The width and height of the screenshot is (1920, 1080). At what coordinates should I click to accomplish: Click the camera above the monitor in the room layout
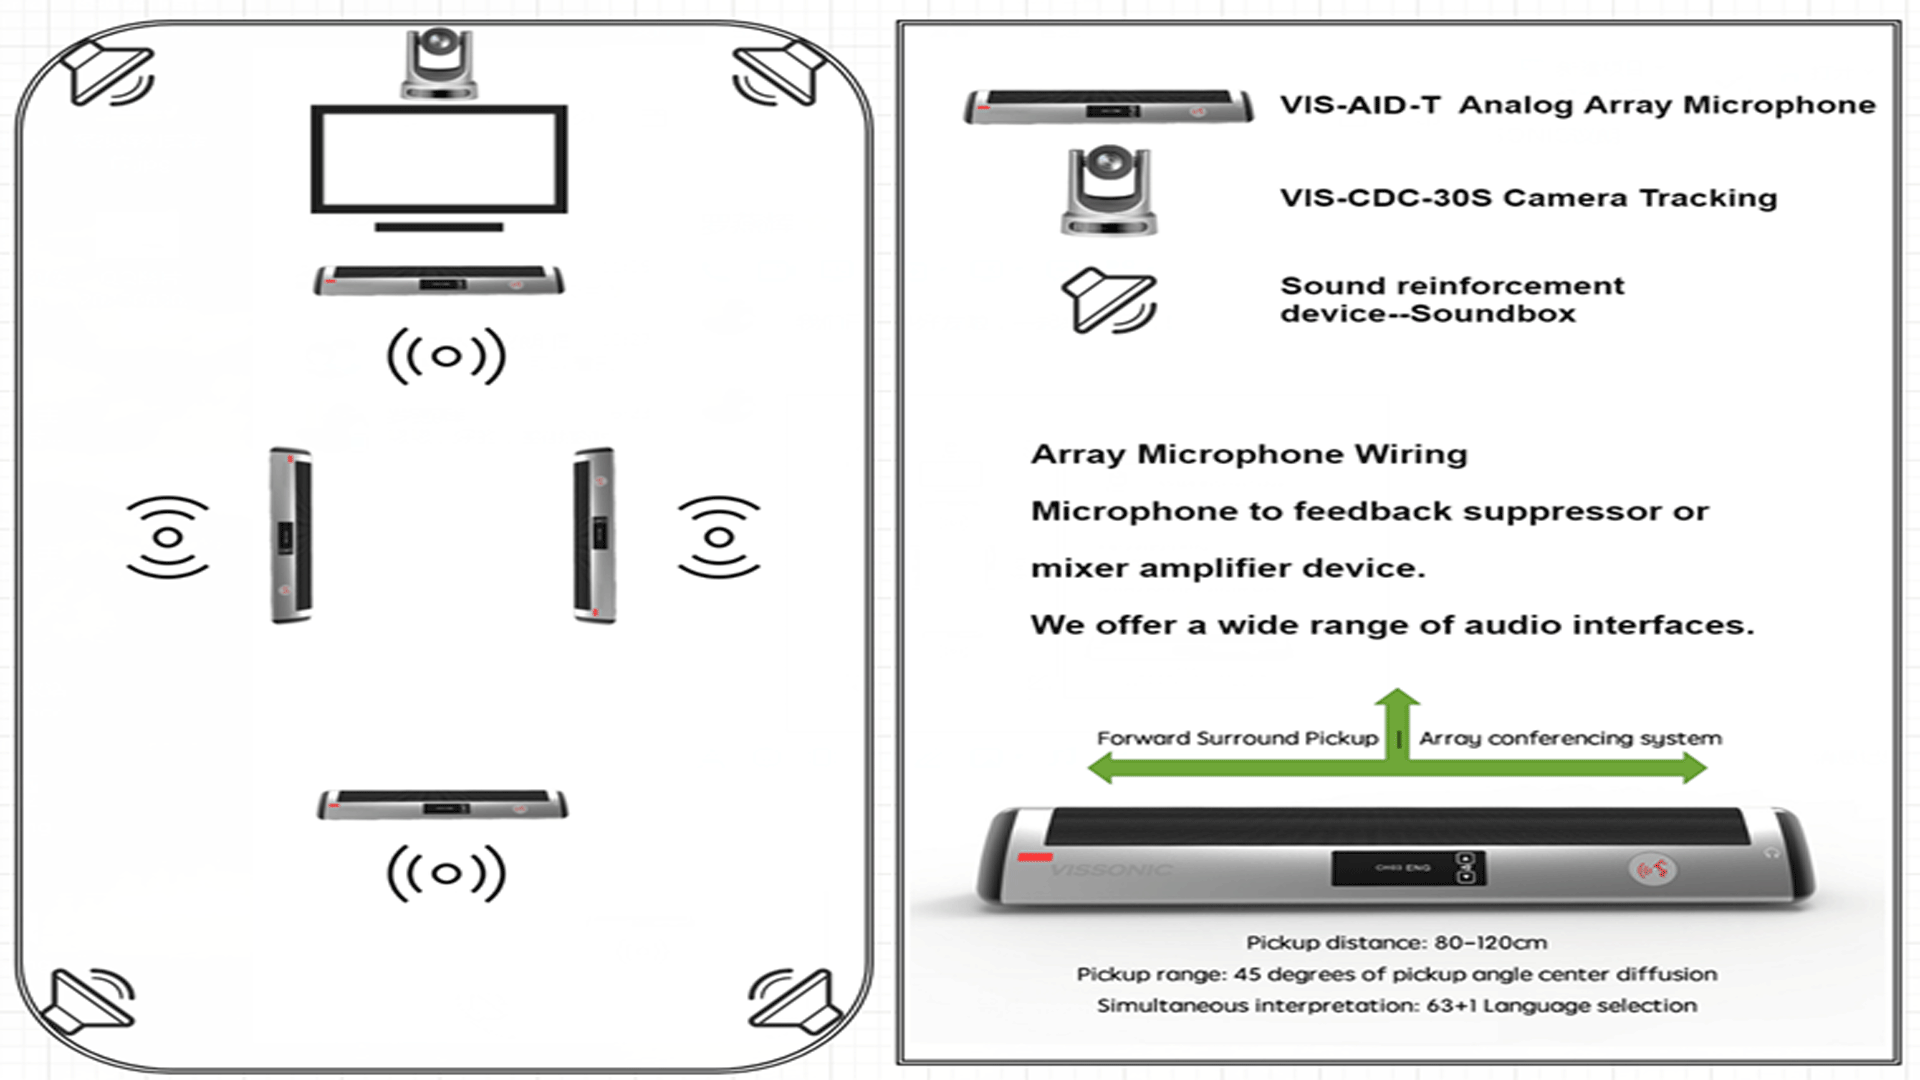point(439,63)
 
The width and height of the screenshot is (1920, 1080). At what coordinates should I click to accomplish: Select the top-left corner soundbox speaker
point(107,73)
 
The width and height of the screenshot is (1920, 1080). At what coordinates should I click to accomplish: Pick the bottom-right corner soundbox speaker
point(793,1000)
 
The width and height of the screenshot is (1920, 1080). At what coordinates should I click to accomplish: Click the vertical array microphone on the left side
point(291,535)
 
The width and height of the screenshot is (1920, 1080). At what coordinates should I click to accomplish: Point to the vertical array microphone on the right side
point(594,535)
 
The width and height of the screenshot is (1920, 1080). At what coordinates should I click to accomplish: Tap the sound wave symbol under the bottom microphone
point(446,873)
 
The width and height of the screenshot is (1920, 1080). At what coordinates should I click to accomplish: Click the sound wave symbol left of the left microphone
point(168,537)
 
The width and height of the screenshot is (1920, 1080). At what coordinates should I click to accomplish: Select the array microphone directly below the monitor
point(439,281)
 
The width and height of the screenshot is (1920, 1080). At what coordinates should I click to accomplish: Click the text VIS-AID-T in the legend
point(1360,105)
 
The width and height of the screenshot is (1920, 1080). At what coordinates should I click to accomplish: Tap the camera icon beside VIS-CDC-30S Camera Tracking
point(1109,190)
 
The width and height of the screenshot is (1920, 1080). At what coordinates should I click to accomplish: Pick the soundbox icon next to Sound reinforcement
point(1108,300)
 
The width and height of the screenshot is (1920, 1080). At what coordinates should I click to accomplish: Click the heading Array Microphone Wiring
point(1248,454)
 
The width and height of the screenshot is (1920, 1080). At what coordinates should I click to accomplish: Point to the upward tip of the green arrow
point(1397,693)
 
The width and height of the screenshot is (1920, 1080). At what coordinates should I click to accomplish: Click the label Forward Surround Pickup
point(1237,738)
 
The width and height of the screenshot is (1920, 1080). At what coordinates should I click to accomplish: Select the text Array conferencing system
point(1570,738)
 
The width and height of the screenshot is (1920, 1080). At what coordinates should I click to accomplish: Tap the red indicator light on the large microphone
point(1035,857)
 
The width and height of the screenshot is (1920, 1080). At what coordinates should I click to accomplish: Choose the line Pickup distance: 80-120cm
point(1396,942)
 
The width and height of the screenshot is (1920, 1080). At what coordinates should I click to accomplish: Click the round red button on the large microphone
point(1652,869)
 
